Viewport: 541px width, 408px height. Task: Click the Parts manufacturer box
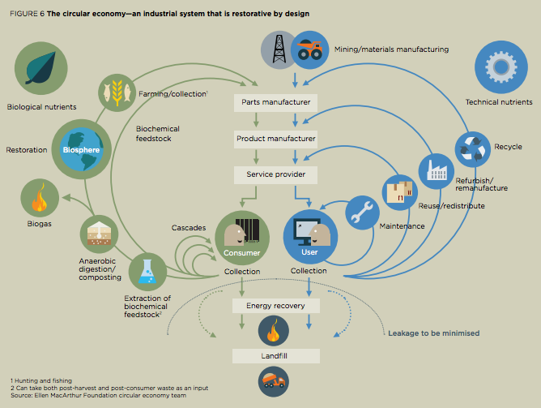(x=276, y=103)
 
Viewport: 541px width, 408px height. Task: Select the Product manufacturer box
(x=276, y=139)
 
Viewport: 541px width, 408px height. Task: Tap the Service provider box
(x=276, y=174)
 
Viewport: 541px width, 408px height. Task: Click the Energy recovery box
(x=276, y=305)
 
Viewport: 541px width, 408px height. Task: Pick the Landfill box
(x=276, y=355)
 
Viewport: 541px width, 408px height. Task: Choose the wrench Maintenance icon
(x=363, y=213)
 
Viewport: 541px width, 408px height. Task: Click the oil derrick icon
(x=278, y=50)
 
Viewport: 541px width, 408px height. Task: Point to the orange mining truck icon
(x=308, y=50)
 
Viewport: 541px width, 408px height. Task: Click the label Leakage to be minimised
(x=432, y=333)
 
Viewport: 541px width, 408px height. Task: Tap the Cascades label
(x=188, y=228)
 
